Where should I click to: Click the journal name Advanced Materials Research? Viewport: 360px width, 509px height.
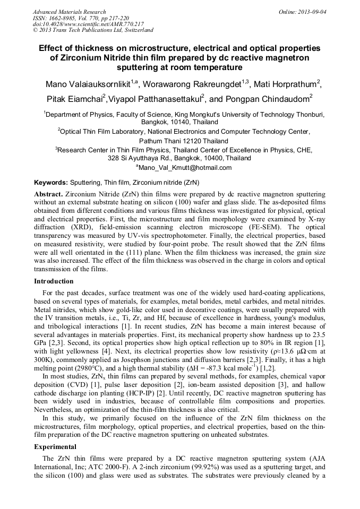[x=69, y=12]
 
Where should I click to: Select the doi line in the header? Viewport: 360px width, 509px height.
[x=88, y=24]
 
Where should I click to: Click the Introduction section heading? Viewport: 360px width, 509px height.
[x=54, y=281]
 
